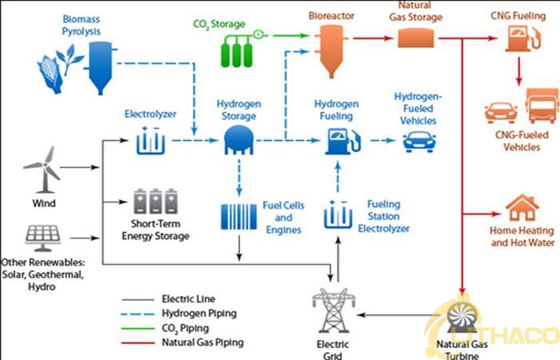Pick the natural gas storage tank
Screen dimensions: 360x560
click(415, 38)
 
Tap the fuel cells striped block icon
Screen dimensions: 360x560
click(238, 218)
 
